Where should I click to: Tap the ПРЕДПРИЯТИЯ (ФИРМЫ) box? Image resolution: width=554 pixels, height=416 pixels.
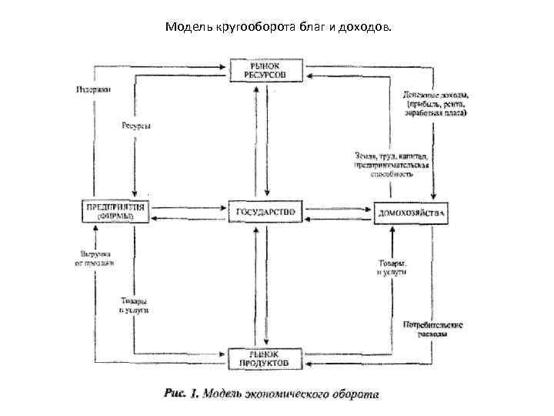point(116,211)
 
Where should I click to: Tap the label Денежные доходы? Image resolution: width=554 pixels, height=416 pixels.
point(436,95)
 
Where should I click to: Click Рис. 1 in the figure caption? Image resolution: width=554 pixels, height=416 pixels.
point(182,394)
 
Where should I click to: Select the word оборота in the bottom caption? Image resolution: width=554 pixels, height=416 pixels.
point(350,394)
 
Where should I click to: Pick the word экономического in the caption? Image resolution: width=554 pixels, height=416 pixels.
point(285,394)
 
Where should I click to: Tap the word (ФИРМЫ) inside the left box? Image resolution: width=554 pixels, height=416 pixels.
point(115,217)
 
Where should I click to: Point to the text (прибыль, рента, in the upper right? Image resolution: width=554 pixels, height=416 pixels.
point(436,104)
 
